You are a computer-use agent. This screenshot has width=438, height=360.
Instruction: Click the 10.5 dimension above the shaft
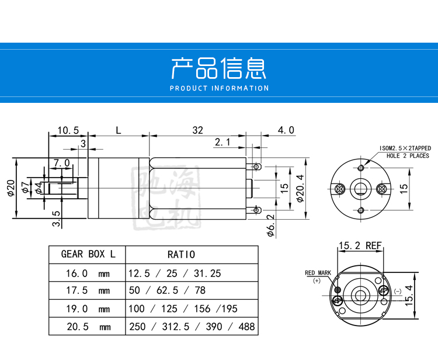(68, 130)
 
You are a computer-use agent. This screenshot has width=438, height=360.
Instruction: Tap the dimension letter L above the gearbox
(119, 130)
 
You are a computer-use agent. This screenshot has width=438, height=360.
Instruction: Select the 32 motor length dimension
(197, 130)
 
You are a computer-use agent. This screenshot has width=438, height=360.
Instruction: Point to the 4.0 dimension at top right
(286, 130)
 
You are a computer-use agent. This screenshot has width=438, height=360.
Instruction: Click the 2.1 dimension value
(223, 142)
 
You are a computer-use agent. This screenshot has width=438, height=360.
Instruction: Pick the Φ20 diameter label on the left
(11, 188)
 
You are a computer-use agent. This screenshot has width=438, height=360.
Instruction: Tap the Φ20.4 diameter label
(300, 188)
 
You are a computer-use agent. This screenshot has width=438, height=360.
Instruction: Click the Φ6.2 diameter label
(270, 226)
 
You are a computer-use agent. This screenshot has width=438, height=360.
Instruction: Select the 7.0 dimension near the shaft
(62, 162)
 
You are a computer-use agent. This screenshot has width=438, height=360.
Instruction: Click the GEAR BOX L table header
(88, 254)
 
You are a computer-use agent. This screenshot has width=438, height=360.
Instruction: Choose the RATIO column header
(181, 254)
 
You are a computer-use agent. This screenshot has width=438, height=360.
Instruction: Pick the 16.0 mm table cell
(88, 273)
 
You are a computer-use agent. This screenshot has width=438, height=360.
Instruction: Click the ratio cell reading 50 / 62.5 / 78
(167, 290)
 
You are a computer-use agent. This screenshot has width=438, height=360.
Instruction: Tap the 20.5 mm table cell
(89, 327)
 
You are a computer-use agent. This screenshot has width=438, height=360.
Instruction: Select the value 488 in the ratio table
(246, 327)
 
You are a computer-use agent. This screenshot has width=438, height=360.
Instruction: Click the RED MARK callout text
(318, 272)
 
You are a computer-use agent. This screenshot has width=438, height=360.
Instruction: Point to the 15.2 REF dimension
(360, 245)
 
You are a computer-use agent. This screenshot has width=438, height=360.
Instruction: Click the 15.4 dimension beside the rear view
(408, 296)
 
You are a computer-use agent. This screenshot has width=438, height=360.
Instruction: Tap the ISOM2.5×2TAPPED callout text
(405, 148)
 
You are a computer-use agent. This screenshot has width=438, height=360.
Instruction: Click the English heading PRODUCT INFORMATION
(219, 88)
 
